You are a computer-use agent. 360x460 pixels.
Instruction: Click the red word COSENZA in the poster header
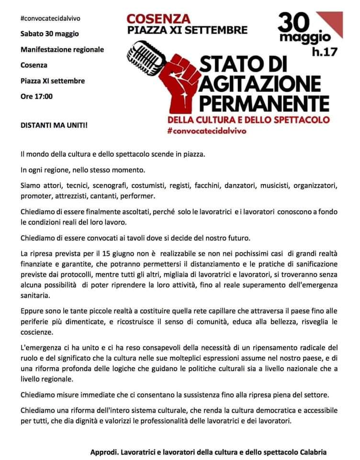(158, 19)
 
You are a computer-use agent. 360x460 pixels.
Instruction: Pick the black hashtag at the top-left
(50, 18)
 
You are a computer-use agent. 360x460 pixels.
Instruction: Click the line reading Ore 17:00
(36, 96)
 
